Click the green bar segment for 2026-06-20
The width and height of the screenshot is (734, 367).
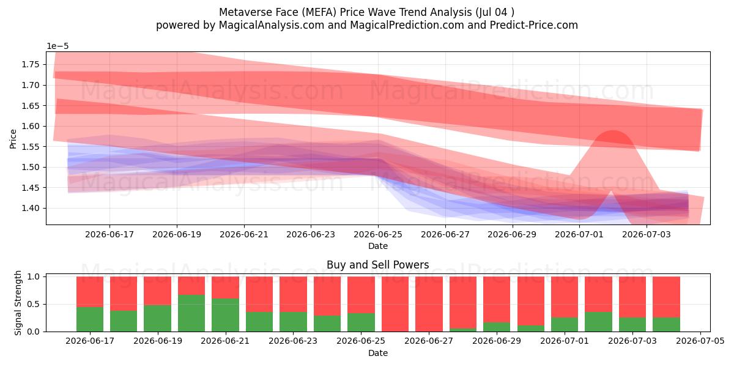pyautogui.click(x=191, y=313)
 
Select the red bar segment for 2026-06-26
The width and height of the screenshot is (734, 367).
pyautogui.click(x=395, y=304)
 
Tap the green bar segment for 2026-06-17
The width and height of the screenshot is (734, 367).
pyautogui.click(x=90, y=319)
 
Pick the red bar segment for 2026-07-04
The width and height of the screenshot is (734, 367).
pyautogui.click(x=667, y=297)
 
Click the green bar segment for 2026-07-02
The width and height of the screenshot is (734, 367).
pyautogui.click(x=599, y=322)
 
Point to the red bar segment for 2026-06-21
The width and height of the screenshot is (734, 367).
pyautogui.click(x=226, y=287)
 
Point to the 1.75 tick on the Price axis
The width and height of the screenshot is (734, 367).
pyautogui.click(x=46, y=65)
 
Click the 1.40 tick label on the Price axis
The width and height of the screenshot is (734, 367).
pyautogui.click(x=31, y=209)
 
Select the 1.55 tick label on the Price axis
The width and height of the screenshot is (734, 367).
pyautogui.click(x=31, y=147)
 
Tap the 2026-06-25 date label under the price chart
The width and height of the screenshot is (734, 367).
pyautogui.click(x=378, y=235)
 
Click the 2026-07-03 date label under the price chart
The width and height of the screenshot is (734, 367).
pyautogui.click(x=647, y=235)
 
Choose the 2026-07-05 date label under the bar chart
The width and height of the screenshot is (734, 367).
pyautogui.click(x=700, y=341)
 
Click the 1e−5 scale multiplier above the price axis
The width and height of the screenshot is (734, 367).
pyautogui.click(x=57, y=46)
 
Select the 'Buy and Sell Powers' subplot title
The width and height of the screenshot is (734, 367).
pyautogui.click(x=378, y=265)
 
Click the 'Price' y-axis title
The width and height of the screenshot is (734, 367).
pyautogui.click(x=13, y=139)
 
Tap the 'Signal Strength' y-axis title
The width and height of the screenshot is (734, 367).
pyautogui.click(x=18, y=303)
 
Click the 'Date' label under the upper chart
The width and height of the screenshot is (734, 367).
pyautogui.click(x=378, y=246)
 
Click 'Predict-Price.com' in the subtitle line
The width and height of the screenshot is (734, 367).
pyautogui.click(x=534, y=25)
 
